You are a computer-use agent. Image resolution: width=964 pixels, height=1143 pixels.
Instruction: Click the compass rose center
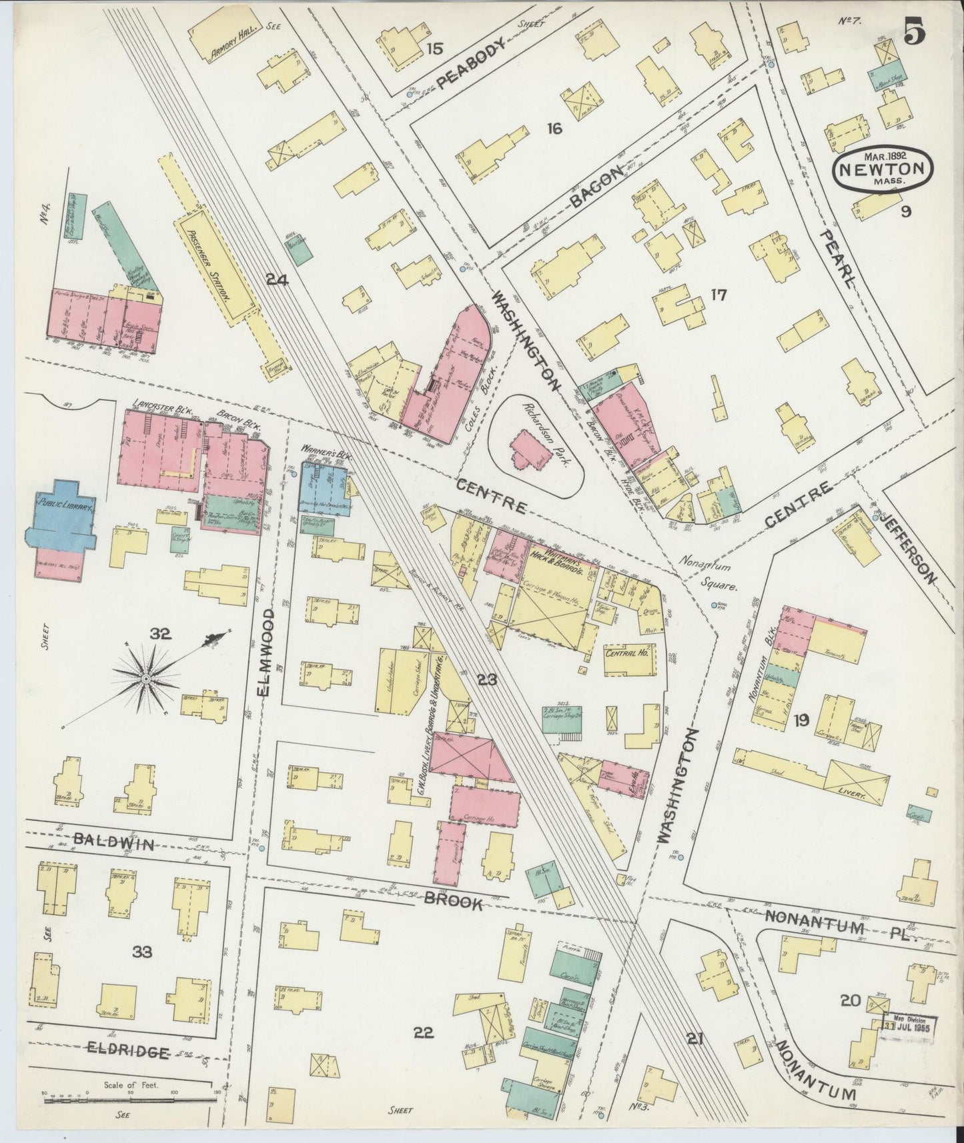(x=145, y=678)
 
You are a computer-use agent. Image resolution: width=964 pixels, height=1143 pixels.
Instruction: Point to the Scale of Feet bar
(x=127, y=1102)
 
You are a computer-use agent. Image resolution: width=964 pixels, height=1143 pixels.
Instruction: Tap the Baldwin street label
(x=115, y=844)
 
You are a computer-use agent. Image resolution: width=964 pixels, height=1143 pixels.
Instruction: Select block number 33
(x=141, y=952)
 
